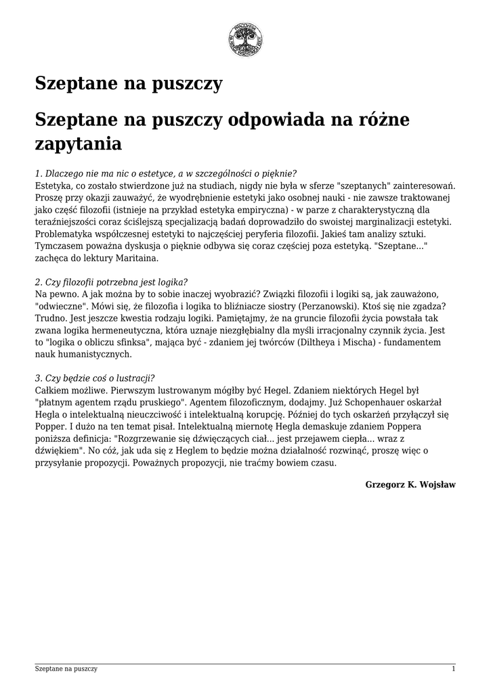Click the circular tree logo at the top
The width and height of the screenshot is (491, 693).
click(x=245, y=40)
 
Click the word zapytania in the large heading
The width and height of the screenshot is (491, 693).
click(x=78, y=144)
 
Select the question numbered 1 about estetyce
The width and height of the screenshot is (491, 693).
click(x=166, y=173)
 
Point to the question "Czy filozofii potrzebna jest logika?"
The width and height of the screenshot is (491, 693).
click(x=111, y=282)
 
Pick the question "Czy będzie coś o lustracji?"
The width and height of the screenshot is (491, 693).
click(x=94, y=378)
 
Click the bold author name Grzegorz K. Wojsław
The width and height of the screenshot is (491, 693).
click(x=410, y=485)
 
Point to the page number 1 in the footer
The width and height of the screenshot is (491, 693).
click(x=453, y=669)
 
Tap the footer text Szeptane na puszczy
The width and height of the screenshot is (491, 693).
click(x=66, y=669)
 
